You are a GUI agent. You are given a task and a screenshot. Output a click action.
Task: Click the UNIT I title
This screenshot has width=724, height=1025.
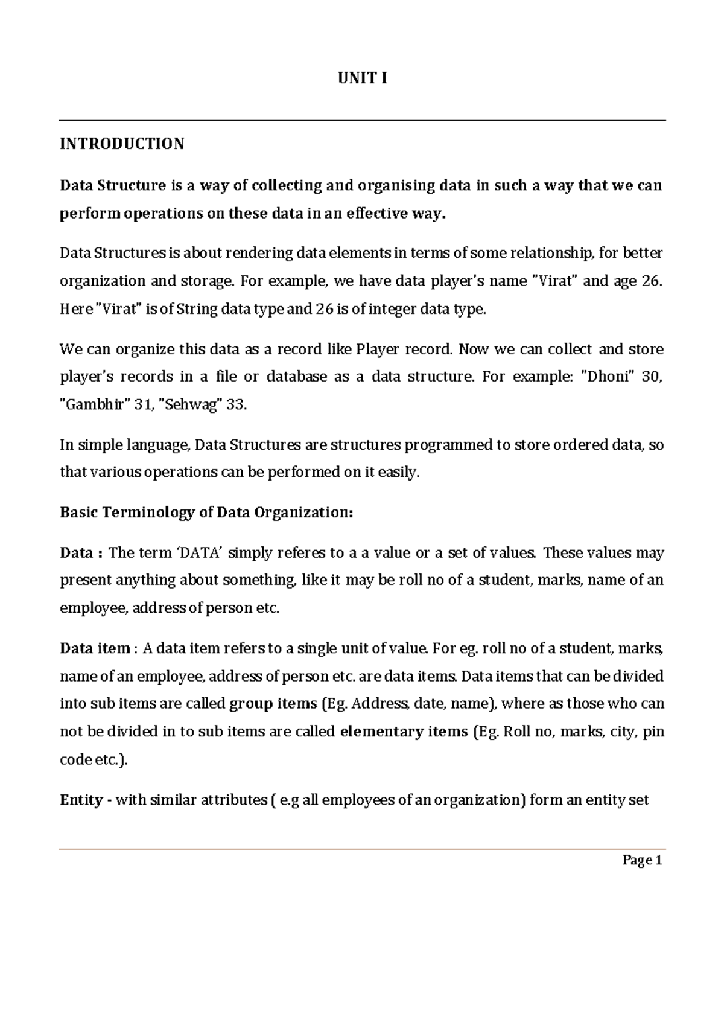362,78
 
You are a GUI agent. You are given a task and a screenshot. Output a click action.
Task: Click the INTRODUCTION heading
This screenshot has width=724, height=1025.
122,144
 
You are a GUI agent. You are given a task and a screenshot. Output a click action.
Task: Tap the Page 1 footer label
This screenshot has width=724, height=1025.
643,861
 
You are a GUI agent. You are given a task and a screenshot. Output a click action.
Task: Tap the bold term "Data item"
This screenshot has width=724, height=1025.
95,648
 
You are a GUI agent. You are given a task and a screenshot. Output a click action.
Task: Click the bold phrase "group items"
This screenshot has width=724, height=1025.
273,704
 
